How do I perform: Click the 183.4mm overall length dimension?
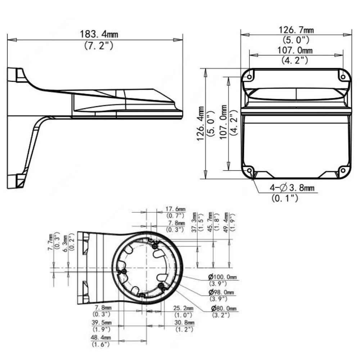point(99,34)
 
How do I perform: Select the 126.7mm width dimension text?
point(296,30)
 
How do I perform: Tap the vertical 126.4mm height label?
point(201,123)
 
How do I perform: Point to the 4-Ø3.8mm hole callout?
point(292,188)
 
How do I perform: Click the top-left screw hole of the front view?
point(249,77)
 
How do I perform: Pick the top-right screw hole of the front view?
point(343,77)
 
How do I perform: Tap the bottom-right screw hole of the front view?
point(343,171)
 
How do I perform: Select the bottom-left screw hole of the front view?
point(249,171)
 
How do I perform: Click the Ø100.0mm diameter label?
point(222,277)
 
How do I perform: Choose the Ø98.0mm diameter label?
point(221,292)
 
